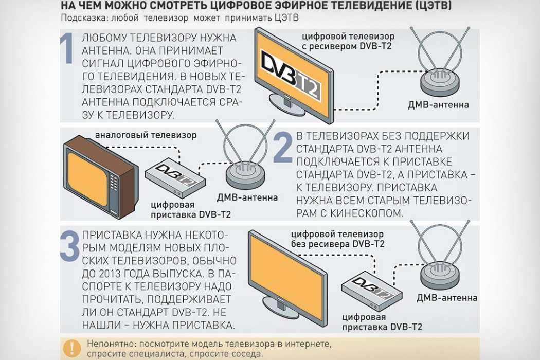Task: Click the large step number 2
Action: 282,148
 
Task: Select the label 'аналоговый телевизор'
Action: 146,136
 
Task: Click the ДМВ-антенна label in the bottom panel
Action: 447,297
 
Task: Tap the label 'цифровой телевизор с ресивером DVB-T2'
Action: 348,41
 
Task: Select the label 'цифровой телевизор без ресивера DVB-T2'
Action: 337,239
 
